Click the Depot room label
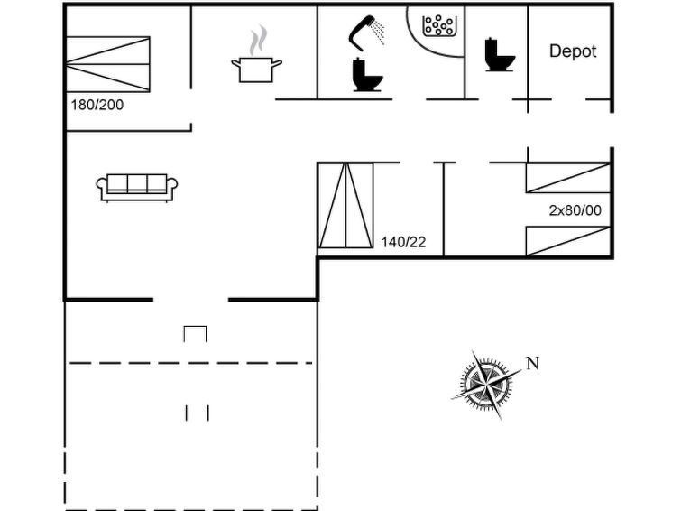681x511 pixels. pyautogui.click(x=573, y=51)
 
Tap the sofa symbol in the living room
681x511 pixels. pyautogui.click(x=137, y=188)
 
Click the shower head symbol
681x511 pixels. pyautogui.click(x=362, y=33)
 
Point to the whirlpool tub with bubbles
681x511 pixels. pyautogui.click(x=439, y=25)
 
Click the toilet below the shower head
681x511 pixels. pyautogui.click(x=367, y=74)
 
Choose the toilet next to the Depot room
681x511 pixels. pyautogui.click(x=500, y=54)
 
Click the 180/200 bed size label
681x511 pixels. pyautogui.click(x=97, y=105)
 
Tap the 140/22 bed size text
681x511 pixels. pyautogui.click(x=403, y=242)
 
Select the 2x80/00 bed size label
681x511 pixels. pyautogui.click(x=575, y=210)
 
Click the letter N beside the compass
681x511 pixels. pyautogui.click(x=533, y=363)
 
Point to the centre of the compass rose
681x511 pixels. pyautogui.click(x=487, y=384)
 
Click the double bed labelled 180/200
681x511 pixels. pyautogui.click(x=107, y=64)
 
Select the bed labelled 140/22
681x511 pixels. pyautogui.click(x=345, y=205)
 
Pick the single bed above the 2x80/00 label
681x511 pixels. pyautogui.click(x=568, y=178)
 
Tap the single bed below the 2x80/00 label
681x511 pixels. pyautogui.click(x=568, y=241)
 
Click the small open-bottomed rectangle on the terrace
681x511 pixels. pyautogui.click(x=195, y=333)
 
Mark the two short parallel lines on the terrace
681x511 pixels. pyautogui.click(x=198, y=413)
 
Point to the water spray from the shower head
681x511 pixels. pyautogui.click(x=378, y=31)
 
